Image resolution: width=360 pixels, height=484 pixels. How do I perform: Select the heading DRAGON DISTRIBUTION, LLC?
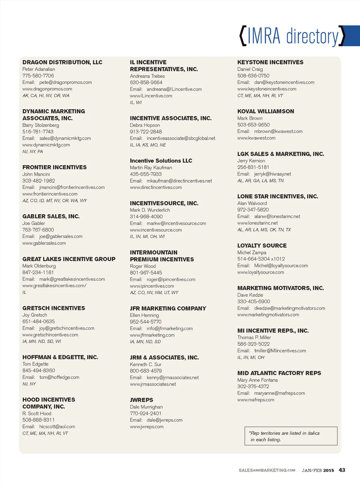pos(62,62)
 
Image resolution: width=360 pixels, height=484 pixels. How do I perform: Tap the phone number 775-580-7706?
pos(38,76)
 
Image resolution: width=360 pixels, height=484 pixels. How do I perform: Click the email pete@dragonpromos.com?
pos(65,82)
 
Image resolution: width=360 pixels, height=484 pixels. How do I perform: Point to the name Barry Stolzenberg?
pos(41,125)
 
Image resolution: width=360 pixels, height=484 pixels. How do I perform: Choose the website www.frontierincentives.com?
pos(50,194)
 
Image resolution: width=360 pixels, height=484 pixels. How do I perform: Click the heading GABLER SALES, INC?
pos(51,216)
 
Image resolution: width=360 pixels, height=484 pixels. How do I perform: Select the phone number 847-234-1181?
pos(38,272)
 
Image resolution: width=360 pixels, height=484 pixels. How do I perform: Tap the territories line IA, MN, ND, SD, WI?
pos(42,341)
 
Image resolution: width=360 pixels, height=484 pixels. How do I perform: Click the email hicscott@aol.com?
pos(57,427)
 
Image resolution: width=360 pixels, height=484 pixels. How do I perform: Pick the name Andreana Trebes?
pos(147,76)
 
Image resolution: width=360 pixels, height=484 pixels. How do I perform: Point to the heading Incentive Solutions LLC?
pos(161,161)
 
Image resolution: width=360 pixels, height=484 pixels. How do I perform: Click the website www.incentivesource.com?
pos(156,230)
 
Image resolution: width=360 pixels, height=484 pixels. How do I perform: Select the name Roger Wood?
pos(143,266)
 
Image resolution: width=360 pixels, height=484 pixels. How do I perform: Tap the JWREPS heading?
pos(141,400)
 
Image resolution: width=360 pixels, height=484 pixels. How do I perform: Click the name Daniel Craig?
pos(250,69)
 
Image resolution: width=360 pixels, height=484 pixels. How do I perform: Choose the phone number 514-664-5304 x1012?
pos(261,259)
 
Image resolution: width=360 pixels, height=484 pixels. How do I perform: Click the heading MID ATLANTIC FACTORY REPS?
pos(279,373)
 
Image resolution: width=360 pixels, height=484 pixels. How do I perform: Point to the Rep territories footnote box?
pos(291,436)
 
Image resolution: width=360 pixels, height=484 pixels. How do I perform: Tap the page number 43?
pos(342,470)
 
